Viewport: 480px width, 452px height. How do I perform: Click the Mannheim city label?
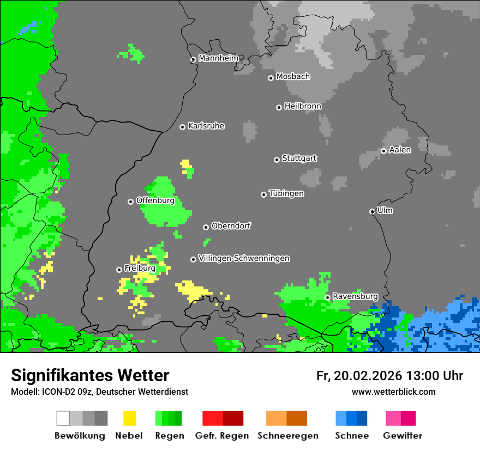pyautogui.click(x=218, y=58)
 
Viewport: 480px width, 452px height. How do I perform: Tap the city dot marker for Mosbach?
pyautogui.click(x=271, y=78)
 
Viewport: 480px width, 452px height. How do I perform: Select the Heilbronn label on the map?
pyautogui.click(x=303, y=106)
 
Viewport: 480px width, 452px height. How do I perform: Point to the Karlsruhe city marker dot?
pyautogui.click(x=182, y=127)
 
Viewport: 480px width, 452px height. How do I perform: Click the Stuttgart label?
pyautogui.click(x=299, y=158)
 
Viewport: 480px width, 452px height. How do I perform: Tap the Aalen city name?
pyautogui.click(x=400, y=150)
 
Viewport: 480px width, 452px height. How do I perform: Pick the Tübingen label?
pyautogui.click(x=286, y=193)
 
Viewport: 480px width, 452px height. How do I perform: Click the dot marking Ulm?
pyautogui.click(x=372, y=211)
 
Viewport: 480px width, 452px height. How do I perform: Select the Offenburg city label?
pyautogui.click(x=155, y=200)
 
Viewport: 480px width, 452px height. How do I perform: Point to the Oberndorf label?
pyautogui.click(x=231, y=226)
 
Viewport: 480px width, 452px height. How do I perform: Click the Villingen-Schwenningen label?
pyautogui.click(x=244, y=258)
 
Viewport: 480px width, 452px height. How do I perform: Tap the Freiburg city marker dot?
pyautogui.click(x=119, y=270)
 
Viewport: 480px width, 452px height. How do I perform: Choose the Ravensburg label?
pyautogui.click(x=355, y=296)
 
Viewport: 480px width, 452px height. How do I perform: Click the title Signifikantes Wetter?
pyautogui.click(x=90, y=375)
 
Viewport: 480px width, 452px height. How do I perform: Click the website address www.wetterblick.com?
pyautogui.click(x=393, y=392)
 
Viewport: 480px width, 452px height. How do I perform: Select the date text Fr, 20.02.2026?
pyautogui.click(x=358, y=376)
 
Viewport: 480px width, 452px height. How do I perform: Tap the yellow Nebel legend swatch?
pyautogui.click(x=129, y=418)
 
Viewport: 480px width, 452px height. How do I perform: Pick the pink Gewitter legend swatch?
pyautogui.click(x=393, y=418)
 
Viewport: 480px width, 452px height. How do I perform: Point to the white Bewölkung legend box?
pyautogui.click(x=63, y=418)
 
